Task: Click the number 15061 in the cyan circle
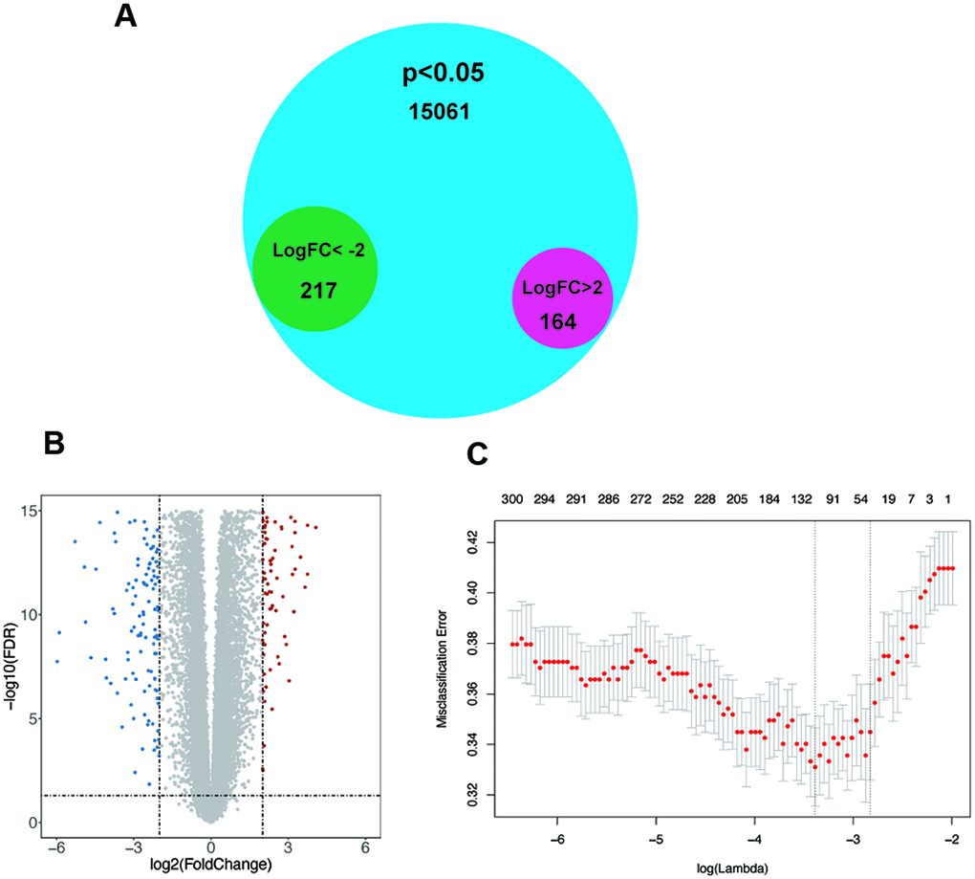pyautogui.click(x=439, y=112)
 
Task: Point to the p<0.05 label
pyautogui.click(x=439, y=75)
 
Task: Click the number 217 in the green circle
pyautogui.click(x=317, y=289)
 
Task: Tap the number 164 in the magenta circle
pyautogui.click(x=556, y=321)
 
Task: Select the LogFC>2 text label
pyautogui.click(x=561, y=290)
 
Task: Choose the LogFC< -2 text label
pyautogui.click(x=318, y=252)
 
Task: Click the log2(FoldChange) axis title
pyautogui.click(x=211, y=865)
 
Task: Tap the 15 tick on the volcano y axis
pyautogui.click(x=31, y=512)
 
